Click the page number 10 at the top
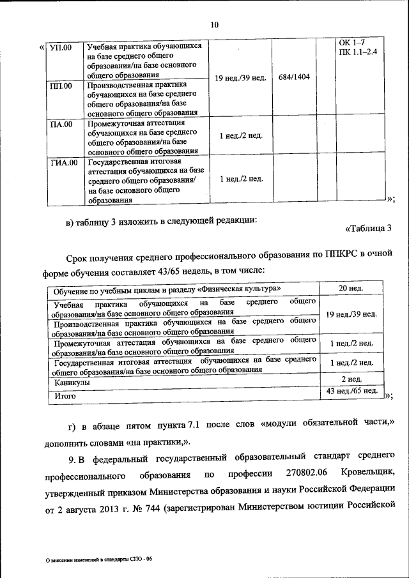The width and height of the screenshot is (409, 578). [214, 25]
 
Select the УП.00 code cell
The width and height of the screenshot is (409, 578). [61, 47]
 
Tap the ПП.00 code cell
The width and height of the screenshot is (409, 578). [61, 86]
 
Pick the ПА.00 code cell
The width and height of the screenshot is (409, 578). [61, 124]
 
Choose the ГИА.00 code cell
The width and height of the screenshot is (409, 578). [64, 162]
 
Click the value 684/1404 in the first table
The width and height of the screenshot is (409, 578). [295, 77]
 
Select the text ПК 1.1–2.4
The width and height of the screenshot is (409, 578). [359, 51]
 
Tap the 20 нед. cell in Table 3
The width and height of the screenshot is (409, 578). [351, 289]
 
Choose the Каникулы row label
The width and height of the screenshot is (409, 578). [72, 382]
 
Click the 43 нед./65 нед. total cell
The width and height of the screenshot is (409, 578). [351, 390]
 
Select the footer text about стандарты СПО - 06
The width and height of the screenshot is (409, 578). [102, 559]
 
